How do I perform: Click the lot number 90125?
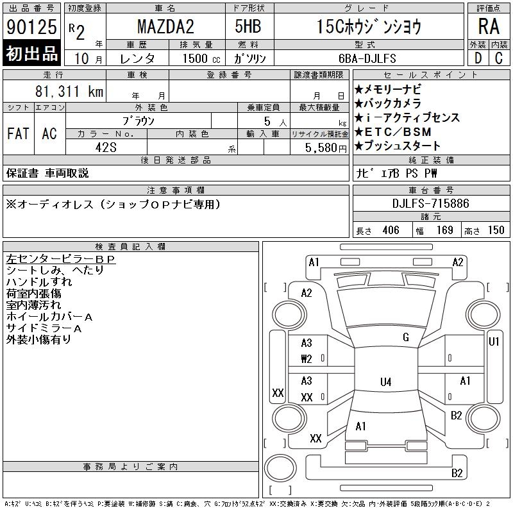point(31,26)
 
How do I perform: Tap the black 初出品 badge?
point(31,53)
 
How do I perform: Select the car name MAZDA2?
point(165,26)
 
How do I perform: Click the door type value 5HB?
point(248,26)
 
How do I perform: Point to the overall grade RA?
point(489,26)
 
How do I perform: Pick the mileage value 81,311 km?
point(69,91)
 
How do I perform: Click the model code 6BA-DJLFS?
point(367,58)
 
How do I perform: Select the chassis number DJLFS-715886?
point(431,203)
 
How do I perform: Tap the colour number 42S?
point(106,147)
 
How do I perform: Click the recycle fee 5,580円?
point(326,148)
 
